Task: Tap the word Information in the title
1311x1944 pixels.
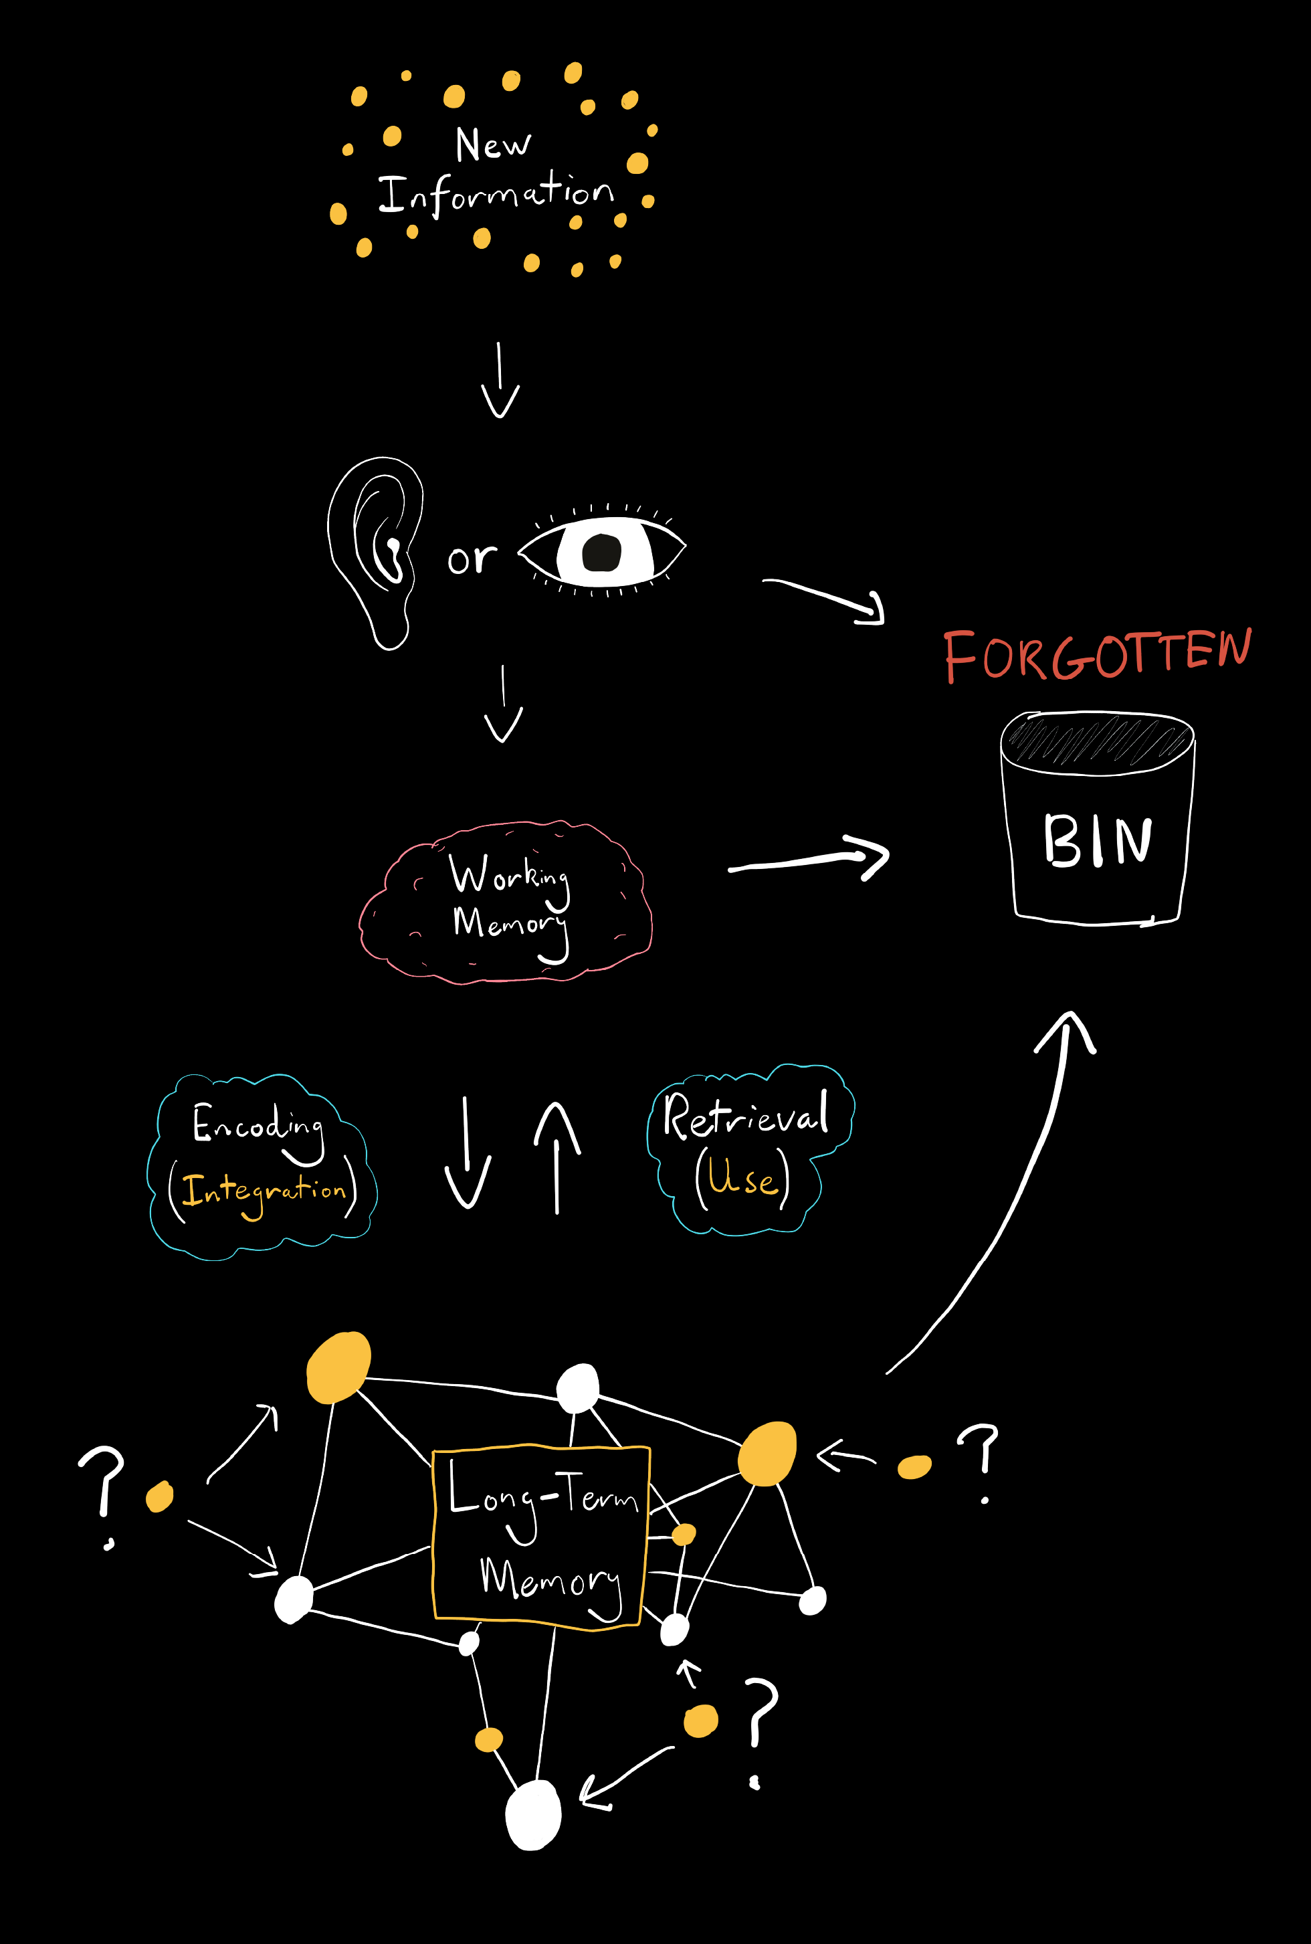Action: [x=496, y=195]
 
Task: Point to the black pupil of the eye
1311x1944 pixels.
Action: [x=601, y=552]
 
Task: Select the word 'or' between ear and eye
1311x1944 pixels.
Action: [x=472, y=559]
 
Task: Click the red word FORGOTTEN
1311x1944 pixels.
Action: [x=1097, y=656]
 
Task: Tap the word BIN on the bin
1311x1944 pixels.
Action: [x=1097, y=840]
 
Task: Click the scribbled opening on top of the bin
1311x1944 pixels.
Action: [x=1097, y=739]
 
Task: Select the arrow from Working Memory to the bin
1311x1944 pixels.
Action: [x=809, y=859]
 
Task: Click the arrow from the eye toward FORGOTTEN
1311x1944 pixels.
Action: [x=824, y=598]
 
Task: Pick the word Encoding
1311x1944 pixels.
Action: [x=258, y=1125]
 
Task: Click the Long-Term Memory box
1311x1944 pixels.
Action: [x=540, y=1535]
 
